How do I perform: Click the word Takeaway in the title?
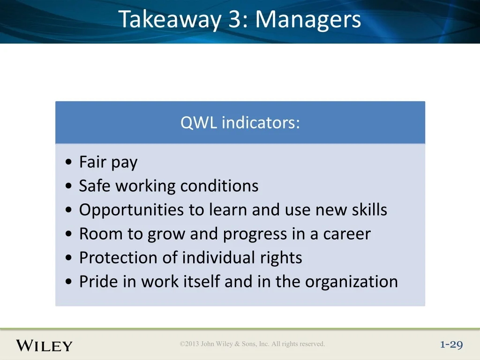[x=170, y=20]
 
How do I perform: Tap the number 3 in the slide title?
[x=235, y=19]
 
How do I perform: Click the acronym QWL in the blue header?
[x=199, y=123]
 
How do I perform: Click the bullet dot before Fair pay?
[x=68, y=162]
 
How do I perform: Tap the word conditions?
[x=219, y=186]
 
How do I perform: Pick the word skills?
[x=369, y=210]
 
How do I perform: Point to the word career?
[x=347, y=234]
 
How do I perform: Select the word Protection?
[x=118, y=257]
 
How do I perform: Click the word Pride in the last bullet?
[x=98, y=281]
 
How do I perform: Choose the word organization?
[x=352, y=282]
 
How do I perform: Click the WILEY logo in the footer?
[x=44, y=345]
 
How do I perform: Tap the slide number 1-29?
[x=451, y=345]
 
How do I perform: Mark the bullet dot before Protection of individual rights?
[x=68, y=258]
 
